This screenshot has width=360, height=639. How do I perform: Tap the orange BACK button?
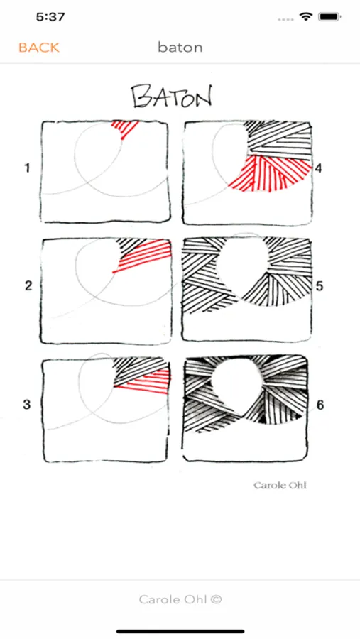39,48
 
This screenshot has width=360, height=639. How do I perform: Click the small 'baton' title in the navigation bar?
180,48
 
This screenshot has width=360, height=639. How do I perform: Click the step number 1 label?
27,168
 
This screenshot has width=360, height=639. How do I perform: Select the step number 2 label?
28,285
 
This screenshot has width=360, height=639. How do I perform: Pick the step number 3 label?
27,405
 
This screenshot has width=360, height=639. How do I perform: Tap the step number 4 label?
318,168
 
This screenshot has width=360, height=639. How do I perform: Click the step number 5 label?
320,285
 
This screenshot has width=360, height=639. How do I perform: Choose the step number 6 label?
320,405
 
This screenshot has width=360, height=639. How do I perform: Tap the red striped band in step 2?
143,255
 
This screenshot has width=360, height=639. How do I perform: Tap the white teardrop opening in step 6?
236,385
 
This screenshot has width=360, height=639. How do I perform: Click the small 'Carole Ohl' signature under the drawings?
280,485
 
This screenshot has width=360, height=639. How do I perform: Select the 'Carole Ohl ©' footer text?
180,599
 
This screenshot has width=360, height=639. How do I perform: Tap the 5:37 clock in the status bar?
51,17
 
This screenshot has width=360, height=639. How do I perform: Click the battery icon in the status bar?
330,17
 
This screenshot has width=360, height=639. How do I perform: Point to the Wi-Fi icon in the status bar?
305,17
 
